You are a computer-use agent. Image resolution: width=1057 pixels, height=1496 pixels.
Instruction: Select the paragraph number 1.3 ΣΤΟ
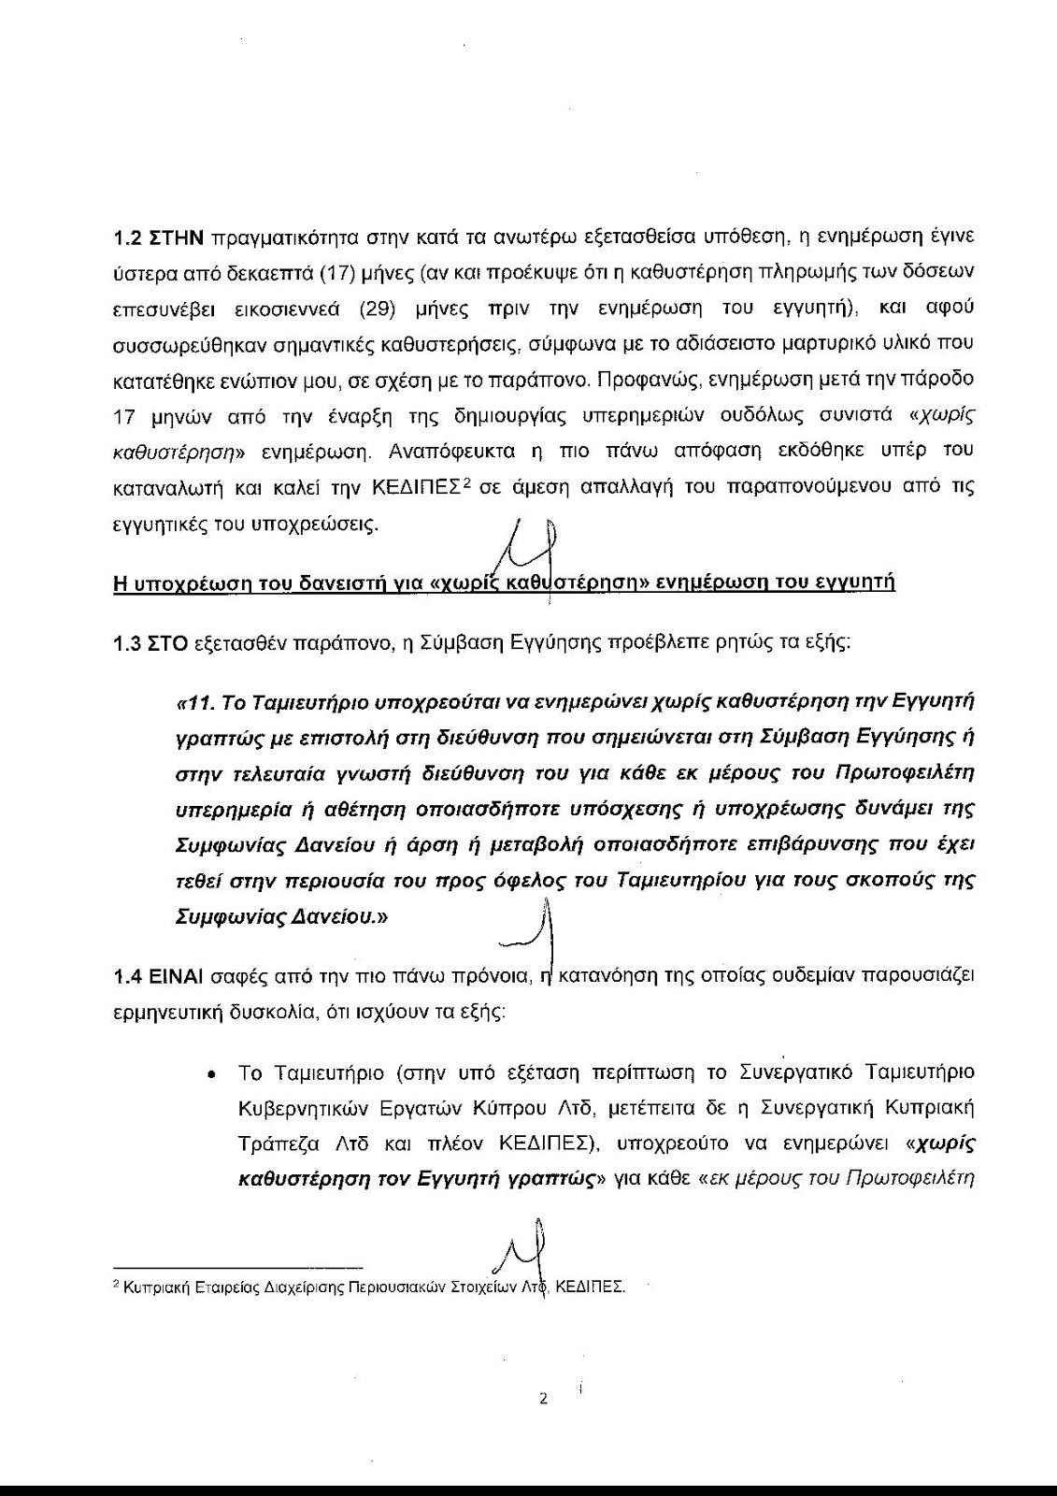point(151,643)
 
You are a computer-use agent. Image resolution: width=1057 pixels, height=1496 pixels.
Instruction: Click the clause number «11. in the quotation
point(193,701)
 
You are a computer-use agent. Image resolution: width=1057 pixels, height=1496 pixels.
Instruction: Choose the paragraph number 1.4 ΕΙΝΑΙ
point(158,976)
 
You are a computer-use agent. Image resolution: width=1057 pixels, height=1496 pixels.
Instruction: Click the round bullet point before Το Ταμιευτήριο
point(214,1072)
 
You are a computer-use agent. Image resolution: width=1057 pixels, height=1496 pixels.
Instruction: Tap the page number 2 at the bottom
point(542,1400)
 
